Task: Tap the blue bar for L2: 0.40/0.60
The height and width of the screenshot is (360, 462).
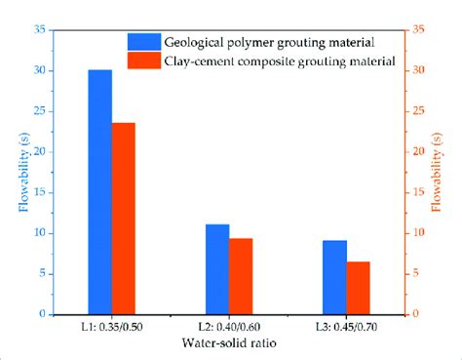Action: [217, 269]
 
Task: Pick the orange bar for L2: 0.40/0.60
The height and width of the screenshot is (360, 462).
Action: [241, 276]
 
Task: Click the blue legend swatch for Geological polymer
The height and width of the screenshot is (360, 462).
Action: [145, 42]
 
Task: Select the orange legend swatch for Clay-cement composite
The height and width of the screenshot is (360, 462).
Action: [145, 61]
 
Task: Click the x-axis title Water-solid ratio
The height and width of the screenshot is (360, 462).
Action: [230, 344]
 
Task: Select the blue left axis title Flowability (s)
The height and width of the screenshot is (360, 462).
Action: [22, 172]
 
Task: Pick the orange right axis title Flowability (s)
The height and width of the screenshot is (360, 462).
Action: [441, 172]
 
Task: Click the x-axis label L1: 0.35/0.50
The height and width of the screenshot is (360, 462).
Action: [112, 329]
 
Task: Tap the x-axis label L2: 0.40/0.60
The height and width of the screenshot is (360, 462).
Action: [230, 329]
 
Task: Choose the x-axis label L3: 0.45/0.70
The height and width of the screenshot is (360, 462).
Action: [347, 329]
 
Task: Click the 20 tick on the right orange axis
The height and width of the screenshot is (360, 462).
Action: [417, 152]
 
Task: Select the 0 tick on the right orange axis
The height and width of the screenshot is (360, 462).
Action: [415, 314]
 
